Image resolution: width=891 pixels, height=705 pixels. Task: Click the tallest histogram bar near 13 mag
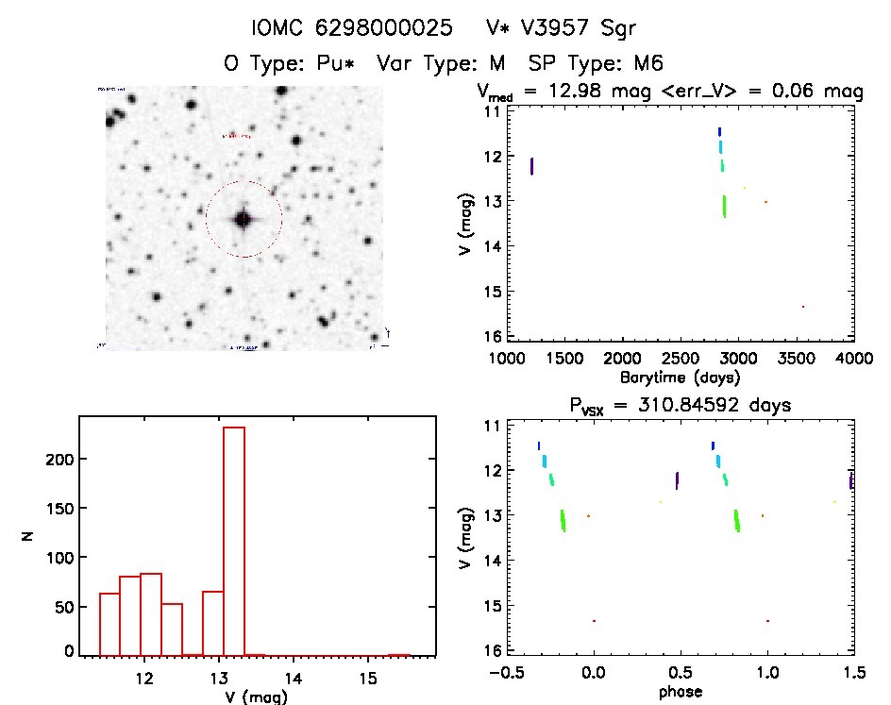click(233, 538)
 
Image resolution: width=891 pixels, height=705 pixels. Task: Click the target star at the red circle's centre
click(244, 219)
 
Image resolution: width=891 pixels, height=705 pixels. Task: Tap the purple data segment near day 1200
click(532, 166)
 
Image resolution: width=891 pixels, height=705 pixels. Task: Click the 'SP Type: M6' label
click(597, 64)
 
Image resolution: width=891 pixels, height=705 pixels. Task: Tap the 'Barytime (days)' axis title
click(680, 377)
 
